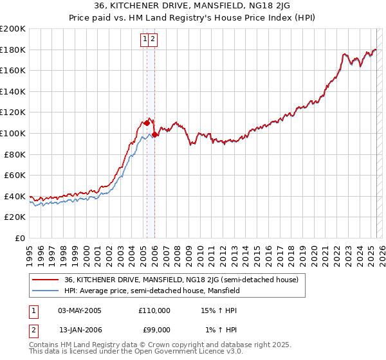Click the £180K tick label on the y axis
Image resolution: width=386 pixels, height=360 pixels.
click(13, 50)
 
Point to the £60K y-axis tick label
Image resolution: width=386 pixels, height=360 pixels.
click(15, 175)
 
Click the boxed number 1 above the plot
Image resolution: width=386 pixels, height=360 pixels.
click(146, 39)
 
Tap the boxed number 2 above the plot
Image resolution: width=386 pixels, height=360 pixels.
click(154, 39)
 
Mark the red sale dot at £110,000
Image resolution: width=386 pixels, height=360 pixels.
click(147, 122)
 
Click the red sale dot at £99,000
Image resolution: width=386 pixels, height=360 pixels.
click(155, 134)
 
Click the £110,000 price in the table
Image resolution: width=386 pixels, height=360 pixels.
click(154, 310)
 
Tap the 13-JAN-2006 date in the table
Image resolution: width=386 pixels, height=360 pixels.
click(80, 330)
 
